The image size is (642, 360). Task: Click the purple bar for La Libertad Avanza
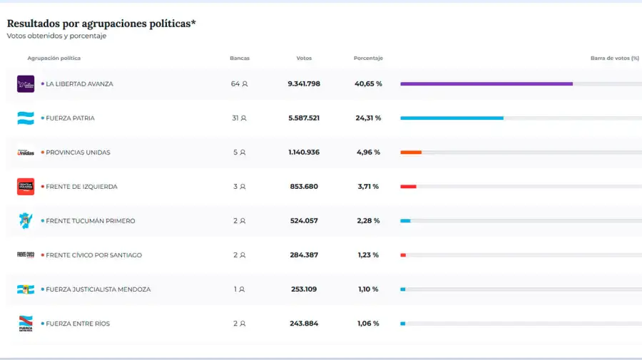(486, 84)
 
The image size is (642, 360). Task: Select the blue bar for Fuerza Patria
(452, 118)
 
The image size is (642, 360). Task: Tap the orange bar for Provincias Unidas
(411, 153)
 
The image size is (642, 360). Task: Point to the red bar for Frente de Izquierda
(408, 187)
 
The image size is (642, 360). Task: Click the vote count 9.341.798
(304, 84)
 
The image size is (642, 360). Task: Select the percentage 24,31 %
(368, 118)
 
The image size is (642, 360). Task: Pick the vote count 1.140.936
(304, 153)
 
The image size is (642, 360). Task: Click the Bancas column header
(240, 58)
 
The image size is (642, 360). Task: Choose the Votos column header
(304, 58)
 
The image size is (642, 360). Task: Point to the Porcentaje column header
(368, 58)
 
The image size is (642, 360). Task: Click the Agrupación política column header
(54, 58)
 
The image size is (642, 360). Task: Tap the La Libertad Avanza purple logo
(26, 84)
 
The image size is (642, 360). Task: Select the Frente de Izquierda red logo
(26, 187)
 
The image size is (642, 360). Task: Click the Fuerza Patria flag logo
(26, 118)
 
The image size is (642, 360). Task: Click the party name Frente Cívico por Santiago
(93, 255)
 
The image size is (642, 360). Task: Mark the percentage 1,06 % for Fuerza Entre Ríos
(368, 324)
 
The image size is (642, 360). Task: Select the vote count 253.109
(304, 289)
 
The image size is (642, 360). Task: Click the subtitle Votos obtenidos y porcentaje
(56, 36)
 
